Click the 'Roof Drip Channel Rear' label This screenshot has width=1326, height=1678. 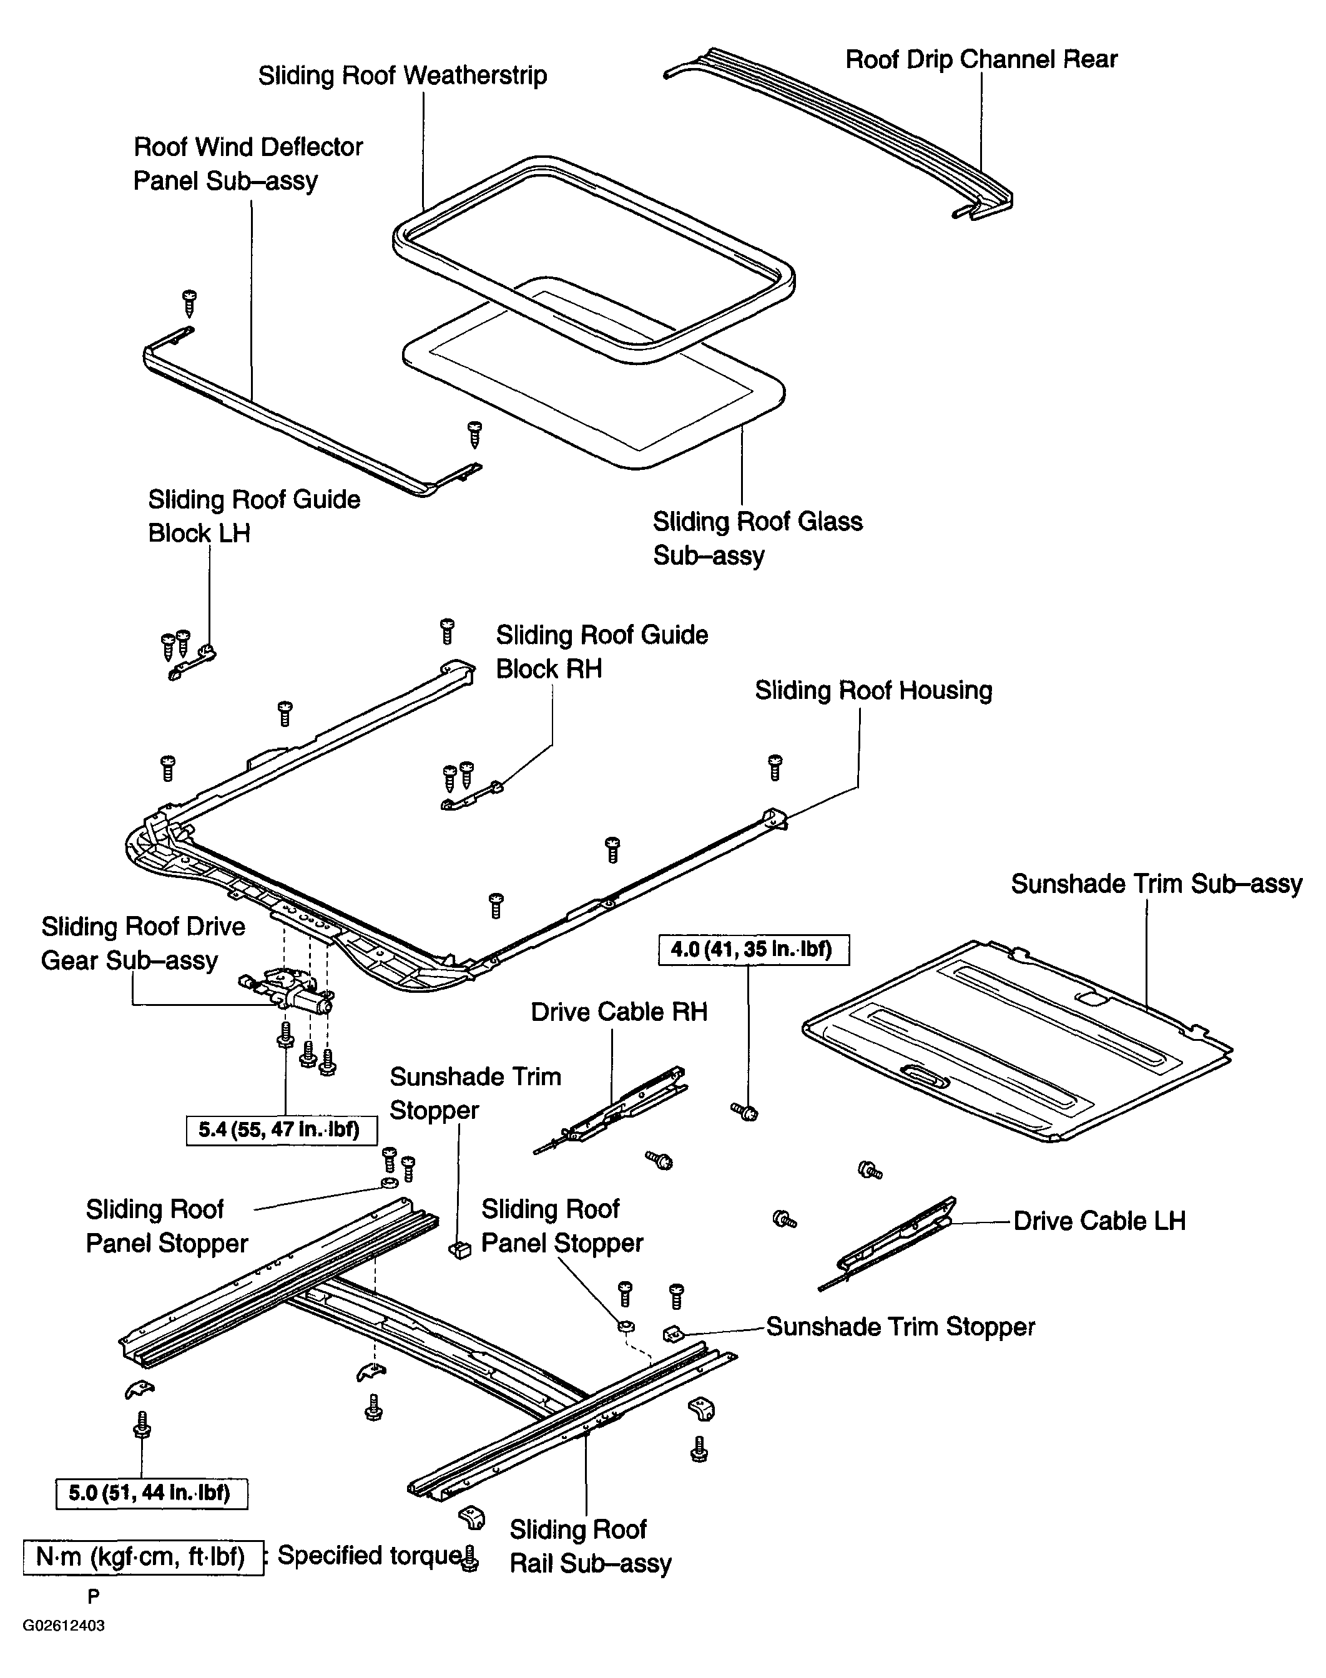[981, 60]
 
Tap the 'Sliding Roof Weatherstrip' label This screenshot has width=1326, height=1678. [402, 76]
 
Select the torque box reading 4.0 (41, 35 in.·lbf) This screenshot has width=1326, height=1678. [754, 949]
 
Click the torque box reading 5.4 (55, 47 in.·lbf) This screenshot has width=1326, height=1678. [282, 1129]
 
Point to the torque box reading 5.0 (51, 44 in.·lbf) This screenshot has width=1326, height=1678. [151, 1493]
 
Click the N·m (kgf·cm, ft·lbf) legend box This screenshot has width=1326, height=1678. [143, 1558]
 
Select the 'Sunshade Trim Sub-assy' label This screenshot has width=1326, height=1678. [1157, 884]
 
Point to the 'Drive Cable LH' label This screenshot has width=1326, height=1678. [1099, 1221]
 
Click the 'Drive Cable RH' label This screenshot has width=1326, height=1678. [619, 1012]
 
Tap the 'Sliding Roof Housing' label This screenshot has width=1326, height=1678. [873, 691]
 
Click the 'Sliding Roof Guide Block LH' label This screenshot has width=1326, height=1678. [254, 516]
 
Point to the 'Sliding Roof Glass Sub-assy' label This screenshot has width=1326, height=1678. [757, 538]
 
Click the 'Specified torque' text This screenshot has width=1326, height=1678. [370, 1555]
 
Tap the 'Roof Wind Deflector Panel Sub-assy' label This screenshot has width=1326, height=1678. [248, 163]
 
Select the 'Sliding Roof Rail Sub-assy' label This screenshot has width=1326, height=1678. [590, 1546]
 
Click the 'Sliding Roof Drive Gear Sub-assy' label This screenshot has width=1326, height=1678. [143, 943]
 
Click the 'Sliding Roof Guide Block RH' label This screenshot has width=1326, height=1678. [602, 652]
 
